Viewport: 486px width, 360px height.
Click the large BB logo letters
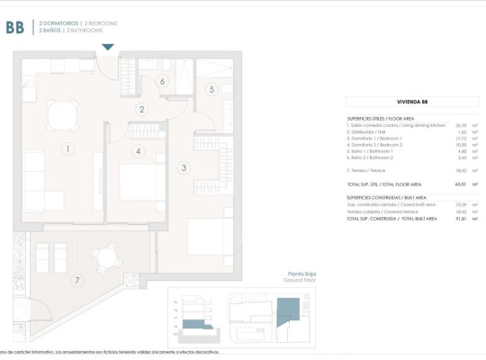tap(14, 27)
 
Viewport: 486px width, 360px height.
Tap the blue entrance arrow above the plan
tap(108, 47)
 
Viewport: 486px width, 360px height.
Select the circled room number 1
tap(66, 148)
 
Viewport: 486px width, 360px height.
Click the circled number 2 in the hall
tap(141, 110)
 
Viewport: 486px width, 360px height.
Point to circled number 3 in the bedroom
tap(184, 167)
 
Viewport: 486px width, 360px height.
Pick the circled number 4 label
tap(138, 151)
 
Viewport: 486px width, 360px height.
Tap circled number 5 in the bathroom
tap(211, 89)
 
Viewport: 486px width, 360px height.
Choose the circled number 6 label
tap(162, 82)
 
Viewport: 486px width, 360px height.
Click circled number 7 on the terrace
tap(77, 281)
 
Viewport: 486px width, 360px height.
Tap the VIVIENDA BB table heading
tap(411, 103)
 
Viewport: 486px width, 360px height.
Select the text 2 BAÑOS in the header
tap(49, 31)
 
